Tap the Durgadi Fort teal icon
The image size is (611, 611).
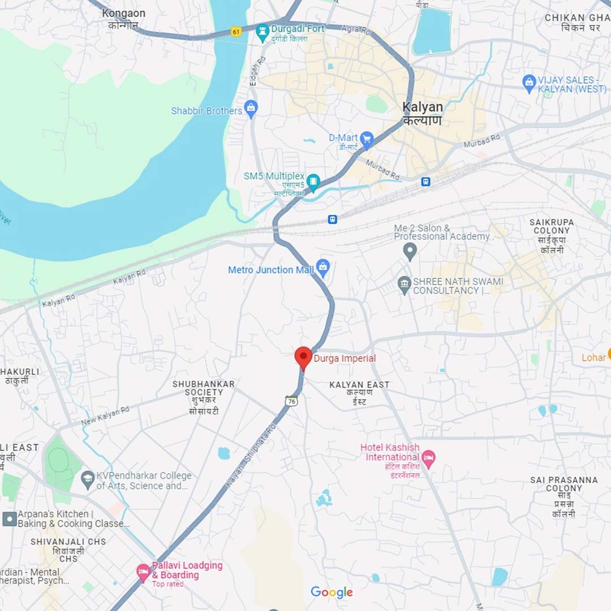(262, 33)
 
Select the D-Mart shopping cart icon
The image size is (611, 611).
(367, 139)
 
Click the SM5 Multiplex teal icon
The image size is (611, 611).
(313, 182)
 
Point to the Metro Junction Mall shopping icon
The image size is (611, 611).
(322, 268)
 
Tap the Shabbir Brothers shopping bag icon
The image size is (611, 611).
(251, 107)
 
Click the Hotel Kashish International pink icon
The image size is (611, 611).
(428, 458)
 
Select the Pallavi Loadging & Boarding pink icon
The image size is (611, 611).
(144, 573)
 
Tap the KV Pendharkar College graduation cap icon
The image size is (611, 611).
(88, 480)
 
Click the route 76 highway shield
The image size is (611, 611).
(292, 401)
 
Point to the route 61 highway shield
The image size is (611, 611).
(236, 32)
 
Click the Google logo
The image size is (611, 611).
(332, 592)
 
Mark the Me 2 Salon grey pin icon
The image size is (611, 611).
(410, 251)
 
